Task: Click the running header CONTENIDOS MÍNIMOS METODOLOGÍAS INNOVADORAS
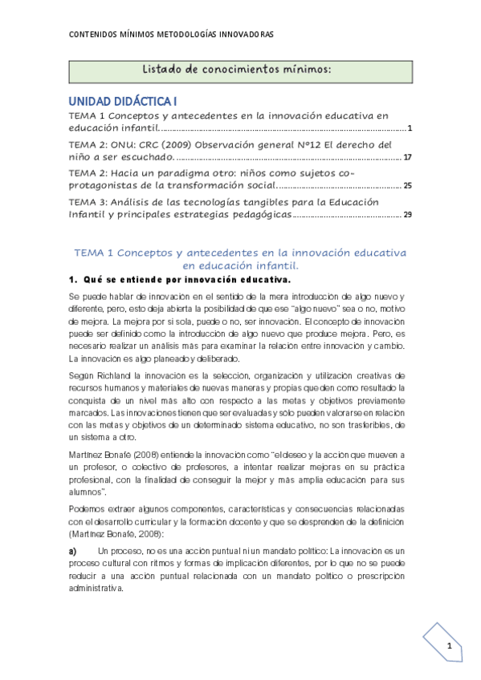(171, 35)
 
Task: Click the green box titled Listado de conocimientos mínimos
(241, 71)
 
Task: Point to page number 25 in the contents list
(407, 186)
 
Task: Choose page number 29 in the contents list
(407, 215)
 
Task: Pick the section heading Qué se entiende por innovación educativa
(185, 279)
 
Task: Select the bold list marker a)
(73, 552)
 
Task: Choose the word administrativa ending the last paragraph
(96, 587)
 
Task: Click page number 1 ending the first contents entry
(410, 128)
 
